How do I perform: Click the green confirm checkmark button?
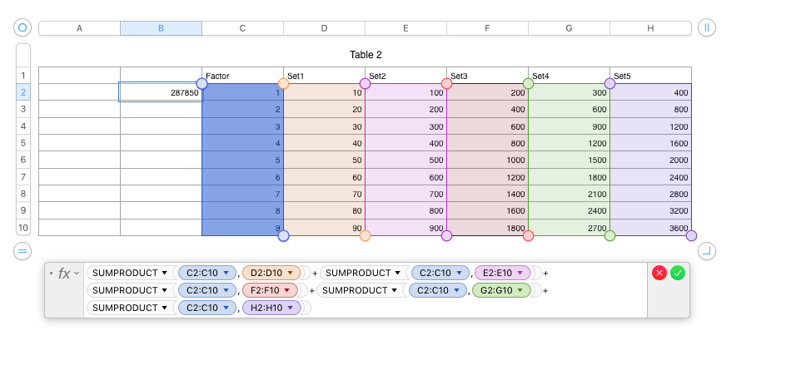pos(678,273)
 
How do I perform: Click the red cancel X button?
pos(659,273)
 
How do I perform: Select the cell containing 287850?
pos(161,92)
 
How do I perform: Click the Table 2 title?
pos(366,55)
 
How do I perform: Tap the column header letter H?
pos(650,28)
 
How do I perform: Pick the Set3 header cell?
pos(487,76)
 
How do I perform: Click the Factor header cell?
pos(242,76)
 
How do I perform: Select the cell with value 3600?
pos(650,228)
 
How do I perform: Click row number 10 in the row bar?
pos(23,228)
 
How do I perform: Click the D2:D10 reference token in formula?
pos(271,273)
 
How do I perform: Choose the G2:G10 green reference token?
pos(500,290)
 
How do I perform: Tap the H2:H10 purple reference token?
pos(271,308)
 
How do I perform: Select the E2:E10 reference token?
pos(501,273)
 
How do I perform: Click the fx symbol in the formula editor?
pos(64,273)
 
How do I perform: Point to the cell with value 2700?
pos(569,228)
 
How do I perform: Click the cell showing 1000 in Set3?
pos(487,160)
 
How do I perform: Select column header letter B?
pos(161,28)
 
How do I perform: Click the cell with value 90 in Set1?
pos(324,228)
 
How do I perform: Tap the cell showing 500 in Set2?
pos(405,160)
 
